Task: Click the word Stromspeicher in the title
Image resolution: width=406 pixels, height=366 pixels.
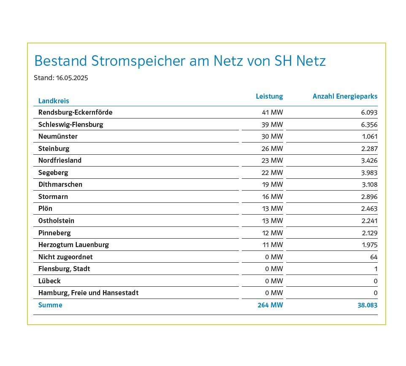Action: click(x=138, y=61)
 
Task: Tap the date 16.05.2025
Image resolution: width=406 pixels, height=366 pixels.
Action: click(x=72, y=78)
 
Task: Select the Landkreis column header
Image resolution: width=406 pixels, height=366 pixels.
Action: click(x=54, y=101)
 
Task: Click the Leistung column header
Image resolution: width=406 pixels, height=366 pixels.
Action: click(x=269, y=97)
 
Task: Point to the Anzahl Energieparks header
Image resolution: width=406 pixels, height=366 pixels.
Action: click(x=345, y=97)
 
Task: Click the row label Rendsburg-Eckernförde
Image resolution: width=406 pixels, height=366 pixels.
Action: click(x=76, y=112)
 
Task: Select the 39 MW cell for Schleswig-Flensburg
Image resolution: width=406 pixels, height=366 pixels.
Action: click(x=272, y=125)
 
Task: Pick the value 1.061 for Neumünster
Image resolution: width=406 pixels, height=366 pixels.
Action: click(x=369, y=136)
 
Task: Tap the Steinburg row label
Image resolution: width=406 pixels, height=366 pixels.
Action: click(x=54, y=149)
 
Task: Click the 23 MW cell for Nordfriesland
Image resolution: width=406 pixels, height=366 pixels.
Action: click(x=272, y=161)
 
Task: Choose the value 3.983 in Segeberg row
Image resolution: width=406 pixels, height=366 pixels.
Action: click(x=369, y=173)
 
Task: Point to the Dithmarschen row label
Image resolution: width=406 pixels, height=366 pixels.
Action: click(x=60, y=184)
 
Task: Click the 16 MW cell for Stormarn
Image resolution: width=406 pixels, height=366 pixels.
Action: click(x=272, y=197)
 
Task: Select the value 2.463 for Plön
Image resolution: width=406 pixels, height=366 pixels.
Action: click(x=369, y=209)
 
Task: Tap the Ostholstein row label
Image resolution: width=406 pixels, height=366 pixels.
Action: click(x=56, y=221)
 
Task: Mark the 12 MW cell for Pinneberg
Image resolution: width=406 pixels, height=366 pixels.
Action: click(x=272, y=233)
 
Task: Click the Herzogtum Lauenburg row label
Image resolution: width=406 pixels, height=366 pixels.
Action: click(x=73, y=245)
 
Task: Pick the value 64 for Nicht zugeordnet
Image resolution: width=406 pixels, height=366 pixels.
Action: click(x=374, y=257)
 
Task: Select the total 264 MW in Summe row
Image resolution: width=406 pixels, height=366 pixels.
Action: click(x=271, y=305)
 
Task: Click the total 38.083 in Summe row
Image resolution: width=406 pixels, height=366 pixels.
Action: click(x=368, y=305)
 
